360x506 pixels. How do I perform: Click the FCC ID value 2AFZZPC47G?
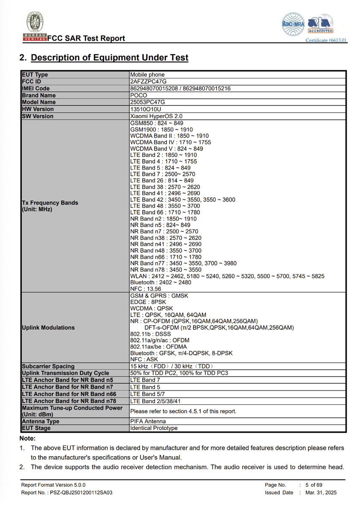(x=147, y=81)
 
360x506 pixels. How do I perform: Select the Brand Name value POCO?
(x=139, y=95)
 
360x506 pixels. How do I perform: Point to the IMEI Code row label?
(x=36, y=89)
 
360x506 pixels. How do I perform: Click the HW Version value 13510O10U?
(x=146, y=109)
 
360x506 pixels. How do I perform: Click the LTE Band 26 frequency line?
(x=162, y=180)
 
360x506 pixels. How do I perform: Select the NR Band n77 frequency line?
(x=183, y=263)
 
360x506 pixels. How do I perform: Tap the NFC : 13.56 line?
(x=146, y=289)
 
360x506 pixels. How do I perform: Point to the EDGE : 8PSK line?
(x=148, y=302)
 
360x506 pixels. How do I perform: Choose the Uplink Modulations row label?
(x=48, y=327)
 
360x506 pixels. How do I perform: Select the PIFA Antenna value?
(x=148, y=421)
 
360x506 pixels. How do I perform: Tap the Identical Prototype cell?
(x=154, y=428)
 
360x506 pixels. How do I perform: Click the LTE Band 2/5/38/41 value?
(x=156, y=401)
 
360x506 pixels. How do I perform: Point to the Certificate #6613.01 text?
(x=326, y=40)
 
